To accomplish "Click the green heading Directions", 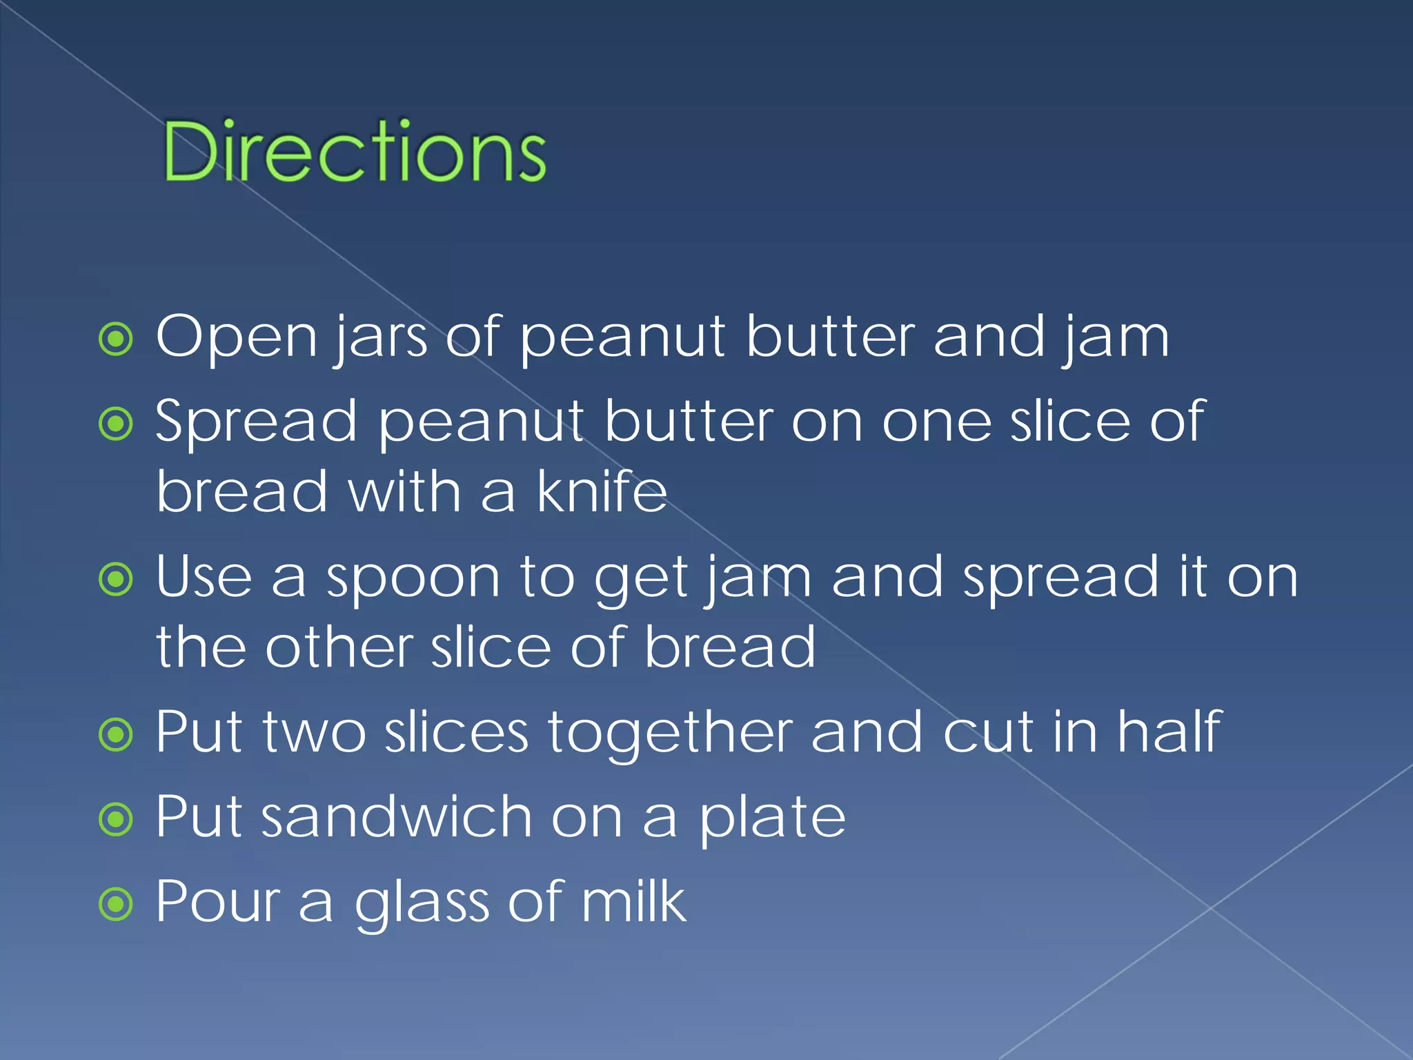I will tap(354, 151).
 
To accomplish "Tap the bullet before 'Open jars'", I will tap(115, 339).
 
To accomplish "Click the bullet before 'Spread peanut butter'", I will tap(115, 424).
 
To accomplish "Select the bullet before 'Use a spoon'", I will tap(115, 579).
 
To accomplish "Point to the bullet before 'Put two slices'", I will tap(115, 734).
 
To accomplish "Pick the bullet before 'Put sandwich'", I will tap(115, 819).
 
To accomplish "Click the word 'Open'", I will tap(237, 338).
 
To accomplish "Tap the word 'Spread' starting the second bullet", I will tap(256, 422).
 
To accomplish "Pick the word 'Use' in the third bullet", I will tap(204, 577).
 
